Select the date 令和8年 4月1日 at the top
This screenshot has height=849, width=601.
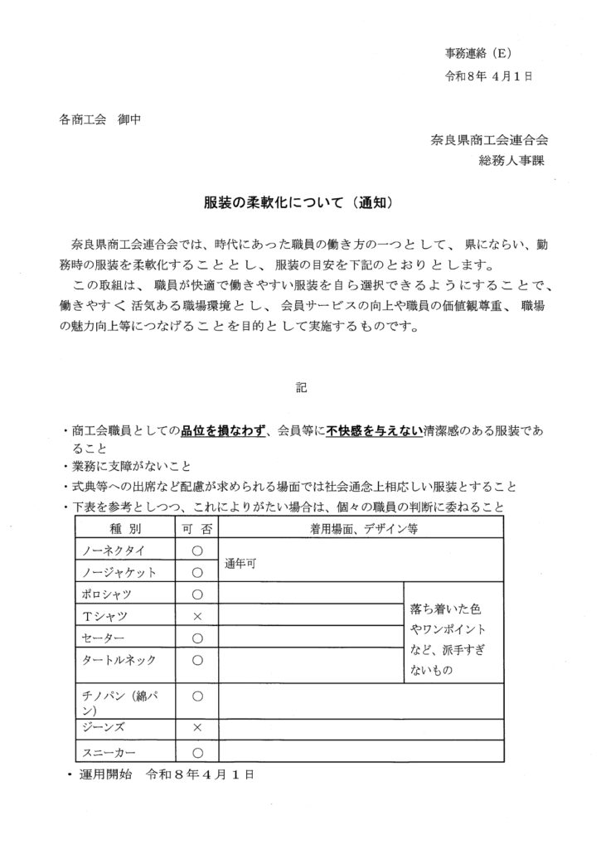point(488,75)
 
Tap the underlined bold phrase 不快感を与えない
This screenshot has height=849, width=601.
point(375,429)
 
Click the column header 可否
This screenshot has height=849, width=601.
point(197,528)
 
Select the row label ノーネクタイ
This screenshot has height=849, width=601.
point(111,550)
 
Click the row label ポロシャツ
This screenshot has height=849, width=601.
point(107,594)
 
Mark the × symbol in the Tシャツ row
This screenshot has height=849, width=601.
point(197,616)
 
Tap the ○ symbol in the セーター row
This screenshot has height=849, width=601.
point(197,638)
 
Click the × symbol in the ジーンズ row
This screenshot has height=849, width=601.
point(197,727)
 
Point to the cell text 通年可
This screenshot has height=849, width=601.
point(240,561)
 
